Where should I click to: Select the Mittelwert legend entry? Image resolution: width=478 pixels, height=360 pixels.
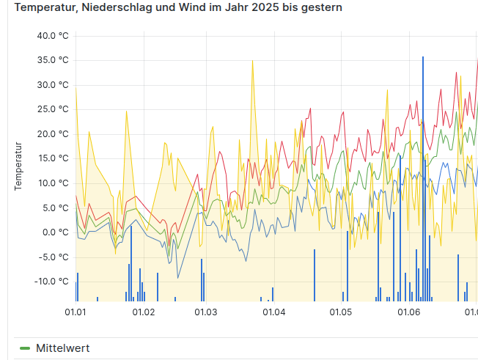pos(62,348)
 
